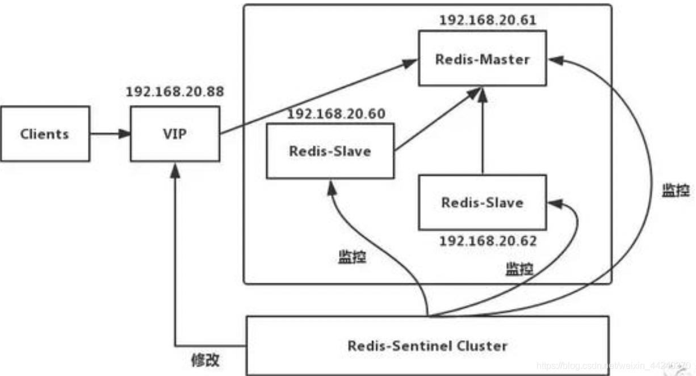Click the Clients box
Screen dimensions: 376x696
[x=45, y=134]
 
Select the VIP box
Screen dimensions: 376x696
[x=174, y=134]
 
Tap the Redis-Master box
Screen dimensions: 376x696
[x=482, y=59]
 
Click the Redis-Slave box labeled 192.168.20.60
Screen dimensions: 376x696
[x=330, y=151]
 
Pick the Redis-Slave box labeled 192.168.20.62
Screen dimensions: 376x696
[x=482, y=202]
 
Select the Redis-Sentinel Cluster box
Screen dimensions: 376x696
[x=427, y=345]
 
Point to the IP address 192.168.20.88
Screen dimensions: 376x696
[x=174, y=91]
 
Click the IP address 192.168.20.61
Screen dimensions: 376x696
[x=487, y=20]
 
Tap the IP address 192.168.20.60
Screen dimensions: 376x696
[x=336, y=114]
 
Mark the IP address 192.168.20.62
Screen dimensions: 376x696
[x=488, y=240]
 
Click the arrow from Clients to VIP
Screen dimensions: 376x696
[x=110, y=135]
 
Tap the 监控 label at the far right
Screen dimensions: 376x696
[x=676, y=191]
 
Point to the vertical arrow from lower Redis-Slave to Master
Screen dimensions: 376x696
[x=483, y=131]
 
